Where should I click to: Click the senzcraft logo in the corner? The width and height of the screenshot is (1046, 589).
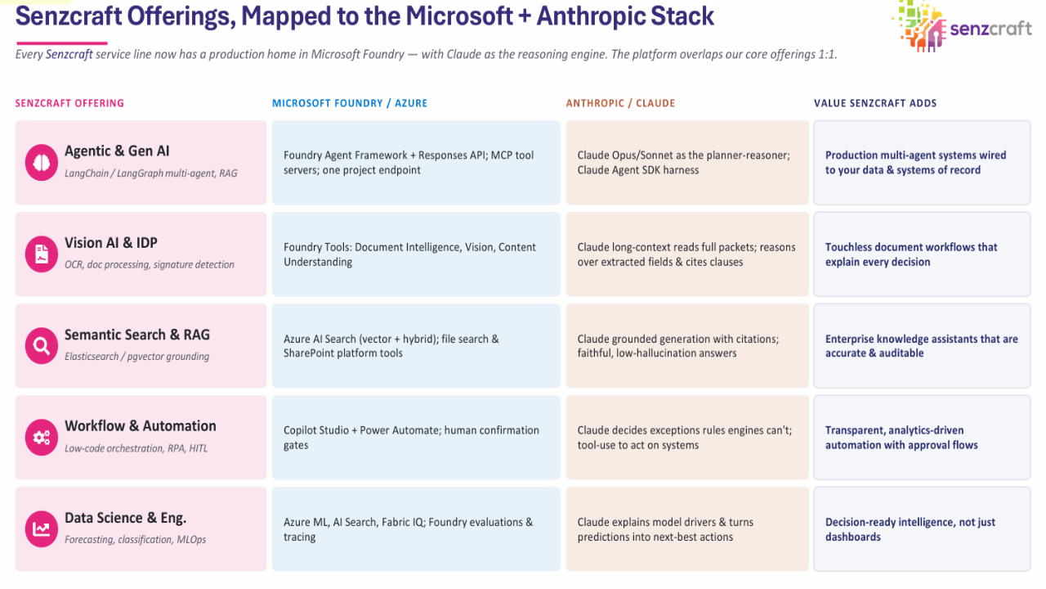tap(962, 26)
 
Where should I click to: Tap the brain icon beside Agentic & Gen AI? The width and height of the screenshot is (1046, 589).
tap(42, 162)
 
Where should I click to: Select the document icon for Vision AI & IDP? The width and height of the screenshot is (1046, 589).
tap(42, 254)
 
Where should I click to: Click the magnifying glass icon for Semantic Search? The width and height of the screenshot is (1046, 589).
tap(42, 345)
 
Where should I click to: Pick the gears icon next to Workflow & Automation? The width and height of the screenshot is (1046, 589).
tap(42, 437)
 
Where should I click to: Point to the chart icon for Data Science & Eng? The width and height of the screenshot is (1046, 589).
tap(42, 528)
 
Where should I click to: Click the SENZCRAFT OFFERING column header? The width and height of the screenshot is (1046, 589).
tap(69, 103)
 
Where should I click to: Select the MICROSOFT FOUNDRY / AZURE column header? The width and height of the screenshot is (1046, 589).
tap(350, 103)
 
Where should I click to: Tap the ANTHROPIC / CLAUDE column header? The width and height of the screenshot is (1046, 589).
tap(620, 103)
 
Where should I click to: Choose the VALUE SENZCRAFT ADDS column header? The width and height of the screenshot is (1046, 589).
tap(875, 103)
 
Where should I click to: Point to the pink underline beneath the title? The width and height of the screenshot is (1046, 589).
tap(61, 43)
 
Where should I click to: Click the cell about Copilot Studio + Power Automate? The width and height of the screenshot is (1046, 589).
tap(416, 438)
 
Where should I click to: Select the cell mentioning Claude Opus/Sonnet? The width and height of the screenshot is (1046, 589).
tap(687, 163)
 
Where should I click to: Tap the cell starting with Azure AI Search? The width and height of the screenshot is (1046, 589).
tap(416, 346)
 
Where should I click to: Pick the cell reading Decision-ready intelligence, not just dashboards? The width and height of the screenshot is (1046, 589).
tap(923, 529)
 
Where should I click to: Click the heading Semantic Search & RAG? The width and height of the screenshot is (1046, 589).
tap(136, 335)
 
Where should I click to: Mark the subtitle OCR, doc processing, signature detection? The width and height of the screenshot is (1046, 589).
tap(150, 264)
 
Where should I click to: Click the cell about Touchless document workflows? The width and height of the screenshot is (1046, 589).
tap(923, 254)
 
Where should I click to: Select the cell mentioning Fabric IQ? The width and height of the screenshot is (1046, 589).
tap(416, 529)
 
